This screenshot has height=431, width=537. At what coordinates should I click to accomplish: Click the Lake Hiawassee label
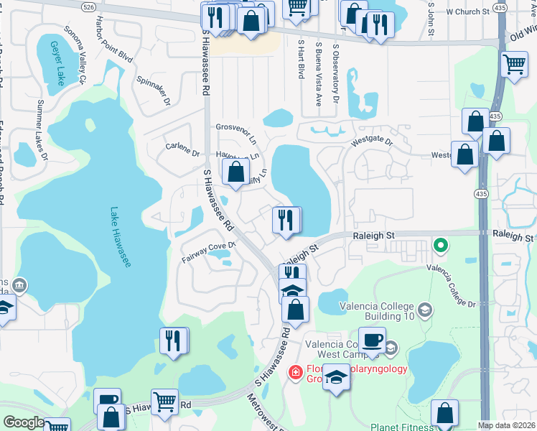pos(121,238)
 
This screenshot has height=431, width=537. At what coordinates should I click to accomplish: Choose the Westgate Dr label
pos(372,142)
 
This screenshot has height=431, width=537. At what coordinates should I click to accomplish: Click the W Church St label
pos(467,12)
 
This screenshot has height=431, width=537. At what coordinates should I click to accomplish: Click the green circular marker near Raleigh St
pos(441,246)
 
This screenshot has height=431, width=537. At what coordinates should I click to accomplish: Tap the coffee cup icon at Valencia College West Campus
pos(372,340)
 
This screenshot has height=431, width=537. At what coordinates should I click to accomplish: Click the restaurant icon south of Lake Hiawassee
pos(173,340)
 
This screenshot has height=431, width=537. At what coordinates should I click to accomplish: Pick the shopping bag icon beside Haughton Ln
pos(236,172)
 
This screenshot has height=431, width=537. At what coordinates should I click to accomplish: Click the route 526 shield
pos(88,6)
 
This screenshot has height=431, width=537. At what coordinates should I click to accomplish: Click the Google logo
pos(24,422)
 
